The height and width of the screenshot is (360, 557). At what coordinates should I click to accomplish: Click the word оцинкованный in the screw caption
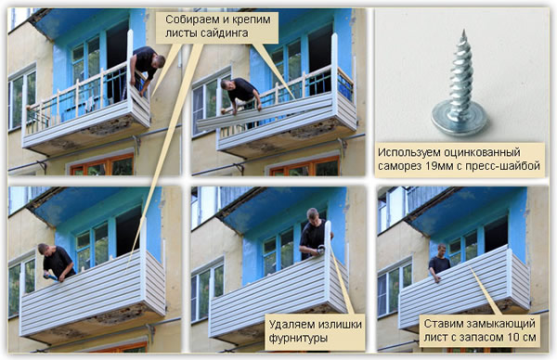(493, 151)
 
